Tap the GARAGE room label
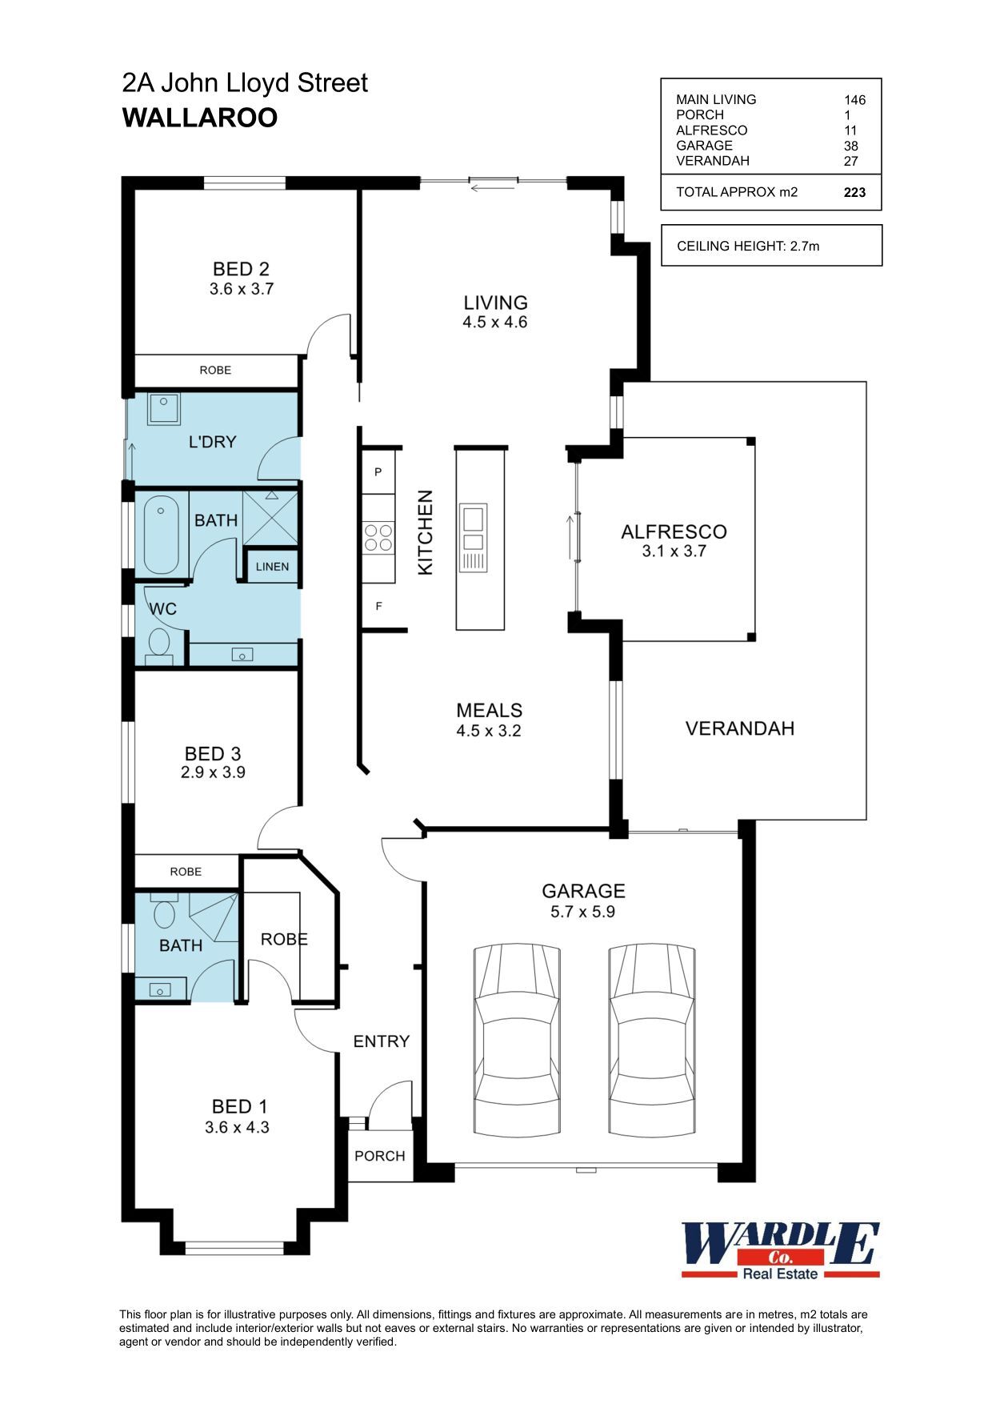583,891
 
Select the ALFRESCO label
674,532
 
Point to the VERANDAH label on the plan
740,728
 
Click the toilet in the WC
160,645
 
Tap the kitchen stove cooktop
378,536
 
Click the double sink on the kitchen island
472,528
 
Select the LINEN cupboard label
272,567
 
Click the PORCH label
380,1156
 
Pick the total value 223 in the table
854,192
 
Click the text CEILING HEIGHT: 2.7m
748,246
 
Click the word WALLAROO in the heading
200,118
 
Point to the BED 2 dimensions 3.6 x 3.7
242,289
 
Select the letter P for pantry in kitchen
378,472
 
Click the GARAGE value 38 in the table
850,146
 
